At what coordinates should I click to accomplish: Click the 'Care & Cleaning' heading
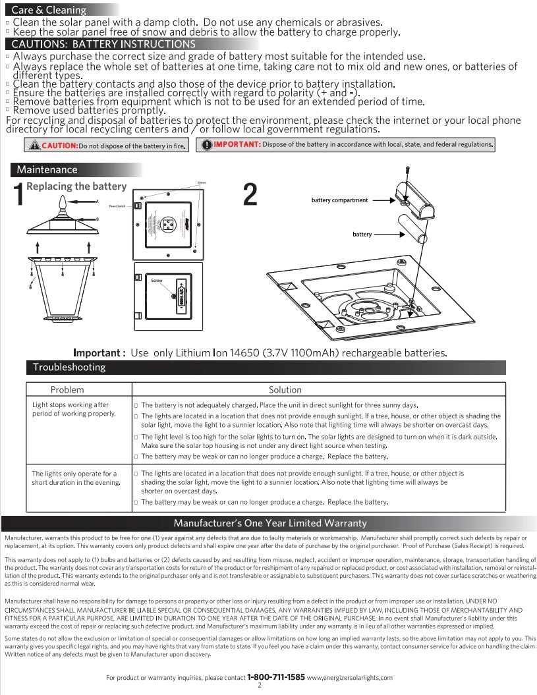pyautogui.click(x=49, y=10)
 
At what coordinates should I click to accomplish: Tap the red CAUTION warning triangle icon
pyautogui.click(x=34, y=146)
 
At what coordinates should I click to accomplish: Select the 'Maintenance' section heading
pyautogui.click(x=47, y=170)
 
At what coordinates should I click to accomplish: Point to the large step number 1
pyautogui.click(x=18, y=194)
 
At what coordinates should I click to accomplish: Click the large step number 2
pyautogui.click(x=250, y=194)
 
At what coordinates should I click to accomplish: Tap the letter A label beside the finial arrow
pyautogui.click(x=97, y=200)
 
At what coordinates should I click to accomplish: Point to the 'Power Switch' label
pyautogui.click(x=118, y=206)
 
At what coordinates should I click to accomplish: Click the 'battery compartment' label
pyautogui.click(x=339, y=200)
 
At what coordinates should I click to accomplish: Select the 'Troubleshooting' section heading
pyautogui.click(x=69, y=367)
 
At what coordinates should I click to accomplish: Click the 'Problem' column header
pyautogui.click(x=67, y=390)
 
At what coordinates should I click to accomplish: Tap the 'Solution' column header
pyautogui.click(x=285, y=390)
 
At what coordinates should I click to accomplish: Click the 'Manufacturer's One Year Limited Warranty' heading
pyautogui.click(x=269, y=523)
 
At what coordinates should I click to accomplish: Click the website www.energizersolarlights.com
pyautogui.click(x=349, y=677)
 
